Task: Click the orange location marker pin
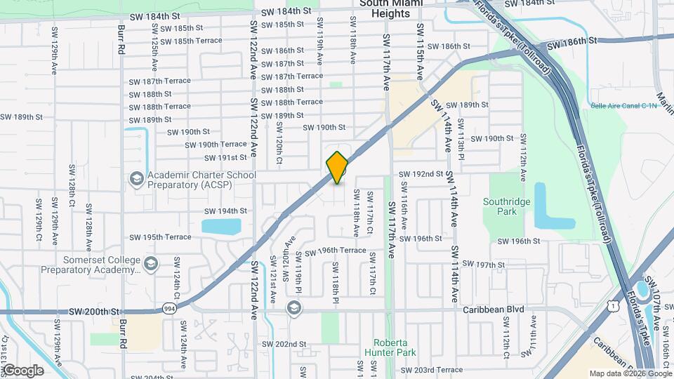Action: pos(337,167)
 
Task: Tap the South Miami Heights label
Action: pos(391,8)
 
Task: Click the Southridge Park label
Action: pos(503,206)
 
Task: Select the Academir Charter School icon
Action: pos(136,179)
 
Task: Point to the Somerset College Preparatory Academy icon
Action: pos(150,264)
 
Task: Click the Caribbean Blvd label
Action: pos(493,310)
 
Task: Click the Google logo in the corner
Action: pos(22,371)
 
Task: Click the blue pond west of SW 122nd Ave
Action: pos(220,226)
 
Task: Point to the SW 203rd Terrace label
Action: pos(431,370)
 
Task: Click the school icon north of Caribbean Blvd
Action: pos(293,308)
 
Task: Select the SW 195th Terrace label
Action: pos(159,237)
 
